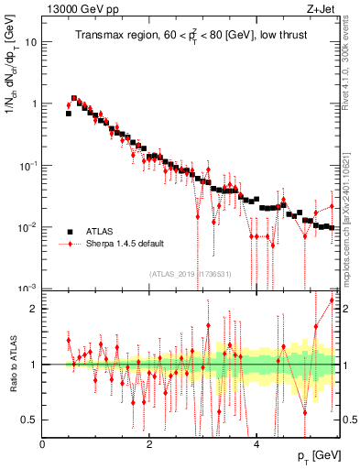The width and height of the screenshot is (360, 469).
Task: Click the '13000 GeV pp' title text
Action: [x=80, y=9]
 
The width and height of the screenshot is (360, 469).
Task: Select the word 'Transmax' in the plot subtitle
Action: [x=99, y=37]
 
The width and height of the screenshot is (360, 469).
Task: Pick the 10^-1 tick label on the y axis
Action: [x=28, y=166]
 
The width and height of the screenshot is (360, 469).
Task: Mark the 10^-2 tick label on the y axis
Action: [x=28, y=227]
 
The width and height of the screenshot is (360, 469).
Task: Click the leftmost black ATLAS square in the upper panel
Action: [x=69, y=114]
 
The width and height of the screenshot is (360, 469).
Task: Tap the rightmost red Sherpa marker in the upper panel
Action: [x=332, y=205]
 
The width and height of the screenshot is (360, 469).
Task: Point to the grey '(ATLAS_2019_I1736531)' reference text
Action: [x=190, y=273]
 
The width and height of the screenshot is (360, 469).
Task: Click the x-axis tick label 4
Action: [x=256, y=444]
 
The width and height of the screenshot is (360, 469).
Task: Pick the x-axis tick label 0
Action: [x=43, y=444]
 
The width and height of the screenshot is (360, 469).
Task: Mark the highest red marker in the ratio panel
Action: [x=332, y=325]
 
